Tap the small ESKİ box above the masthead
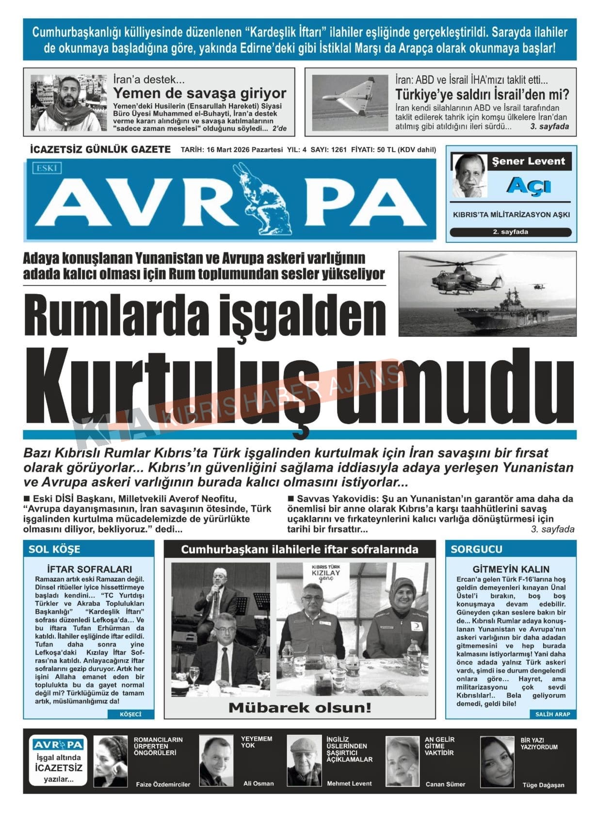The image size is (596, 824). click(x=47, y=168)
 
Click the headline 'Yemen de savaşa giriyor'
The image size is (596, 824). click(x=199, y=93)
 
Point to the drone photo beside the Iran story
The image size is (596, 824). click(x=350, y=102)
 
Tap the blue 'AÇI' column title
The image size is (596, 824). click(x=528, y=185)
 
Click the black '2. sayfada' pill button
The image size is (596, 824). click(x=510, y=232)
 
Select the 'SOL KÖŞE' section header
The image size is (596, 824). click(x=54, y=549)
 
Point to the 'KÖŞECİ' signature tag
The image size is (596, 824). click(x=130, y=714)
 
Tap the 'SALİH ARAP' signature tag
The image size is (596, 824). click(x=552, y=714)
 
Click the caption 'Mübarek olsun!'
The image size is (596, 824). click(x=300, y=707)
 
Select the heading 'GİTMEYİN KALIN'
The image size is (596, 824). click(x=511, y=569)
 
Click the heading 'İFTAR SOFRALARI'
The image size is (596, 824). click(x=89, y=569)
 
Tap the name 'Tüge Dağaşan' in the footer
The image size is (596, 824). click(x=543, y=785)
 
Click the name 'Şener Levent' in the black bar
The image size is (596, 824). click(x=529, y=161)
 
